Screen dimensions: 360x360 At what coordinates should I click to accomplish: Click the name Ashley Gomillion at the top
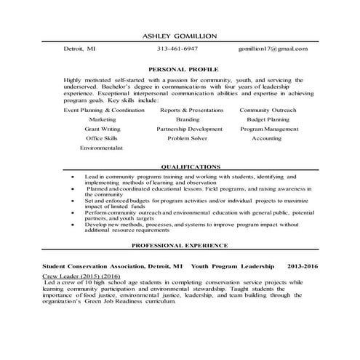coord(180,36)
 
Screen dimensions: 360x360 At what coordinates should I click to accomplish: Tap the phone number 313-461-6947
coord(177,49)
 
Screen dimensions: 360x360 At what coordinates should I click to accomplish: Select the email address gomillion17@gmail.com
coord(273,49)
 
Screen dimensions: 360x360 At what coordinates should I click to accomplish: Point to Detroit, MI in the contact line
coord(79,49)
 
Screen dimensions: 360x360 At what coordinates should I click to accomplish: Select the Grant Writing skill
coord(102,128)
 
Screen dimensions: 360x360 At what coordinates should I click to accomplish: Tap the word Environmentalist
coord(102,147)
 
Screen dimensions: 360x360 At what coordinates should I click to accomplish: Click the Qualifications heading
coord(190,166)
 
